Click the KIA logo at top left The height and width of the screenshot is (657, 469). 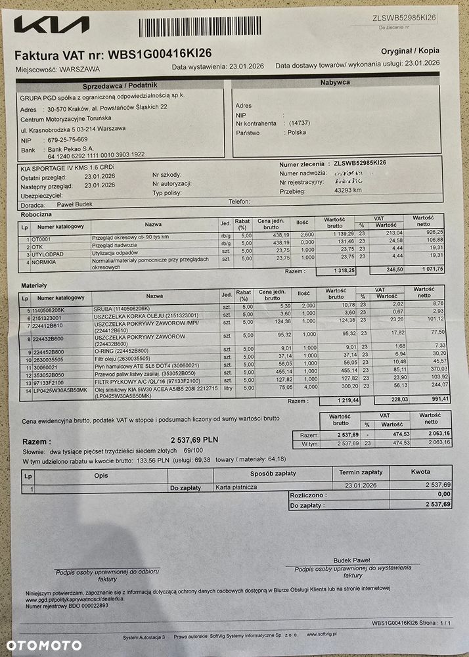[x=51, y=26]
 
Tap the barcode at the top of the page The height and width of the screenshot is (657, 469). [x=199, y=27]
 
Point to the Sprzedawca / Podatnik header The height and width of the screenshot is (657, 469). [x=120, y=85]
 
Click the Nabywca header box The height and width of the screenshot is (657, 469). [x=334, y=82]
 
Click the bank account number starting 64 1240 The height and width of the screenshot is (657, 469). [x=96, y=154]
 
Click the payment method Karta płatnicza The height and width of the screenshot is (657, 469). [x=236, y=488]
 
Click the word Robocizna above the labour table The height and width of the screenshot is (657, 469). [x=37, y=214]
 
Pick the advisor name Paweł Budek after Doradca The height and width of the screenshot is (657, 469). [x=74, y=204]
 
